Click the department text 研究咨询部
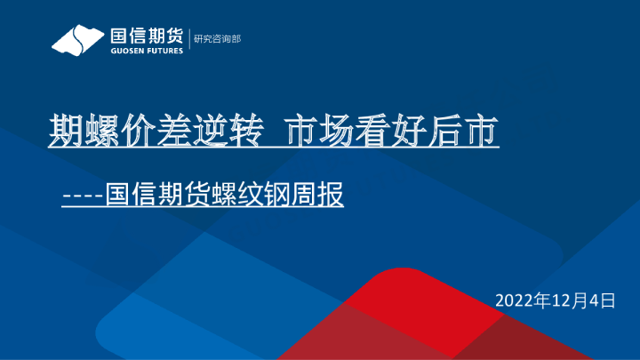[x=217, y=39]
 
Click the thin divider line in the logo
[x=188, y=39]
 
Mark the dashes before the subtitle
[x=83, y=194]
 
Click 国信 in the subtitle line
[x=131, y=194]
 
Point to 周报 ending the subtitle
[x=317, y=194]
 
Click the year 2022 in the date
[x=515, y=300]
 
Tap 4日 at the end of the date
[x=604, y=300]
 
